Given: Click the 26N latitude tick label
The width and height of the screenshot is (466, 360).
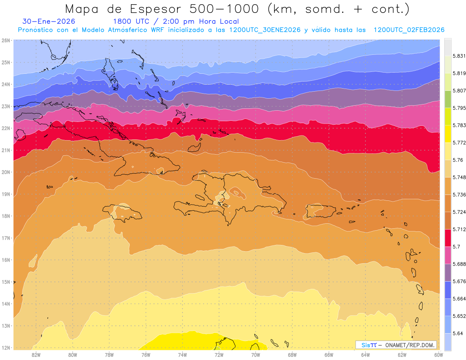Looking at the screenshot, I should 6,40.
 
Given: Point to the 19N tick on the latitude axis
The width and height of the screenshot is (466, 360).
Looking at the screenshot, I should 6,194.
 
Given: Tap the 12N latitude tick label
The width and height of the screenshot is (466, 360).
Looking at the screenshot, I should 6,348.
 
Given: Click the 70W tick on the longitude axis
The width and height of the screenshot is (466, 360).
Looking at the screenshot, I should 256,355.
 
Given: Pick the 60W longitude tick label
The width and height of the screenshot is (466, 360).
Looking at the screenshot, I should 439,355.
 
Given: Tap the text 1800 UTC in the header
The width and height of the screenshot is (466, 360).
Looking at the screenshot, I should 130,21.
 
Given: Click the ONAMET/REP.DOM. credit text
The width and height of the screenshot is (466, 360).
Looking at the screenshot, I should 410,345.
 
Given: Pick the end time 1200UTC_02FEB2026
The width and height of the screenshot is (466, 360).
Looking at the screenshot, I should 409,30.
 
